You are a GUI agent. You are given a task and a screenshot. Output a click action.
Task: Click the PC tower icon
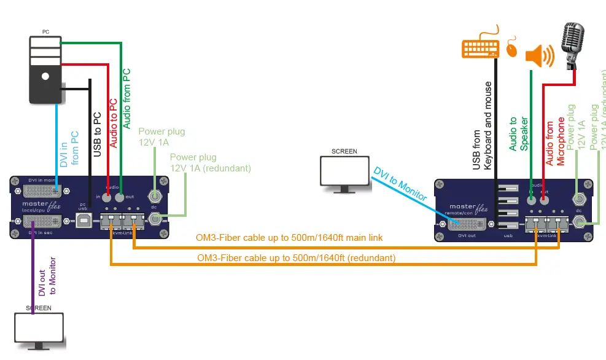point(45,69)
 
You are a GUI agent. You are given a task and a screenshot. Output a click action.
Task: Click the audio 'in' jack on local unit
point(107,198)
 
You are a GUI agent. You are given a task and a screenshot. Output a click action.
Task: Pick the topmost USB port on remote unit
point(508,189)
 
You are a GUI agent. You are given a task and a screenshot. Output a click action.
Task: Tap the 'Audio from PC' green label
point(127,98)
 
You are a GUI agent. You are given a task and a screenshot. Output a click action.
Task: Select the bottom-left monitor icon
point(39,331)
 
